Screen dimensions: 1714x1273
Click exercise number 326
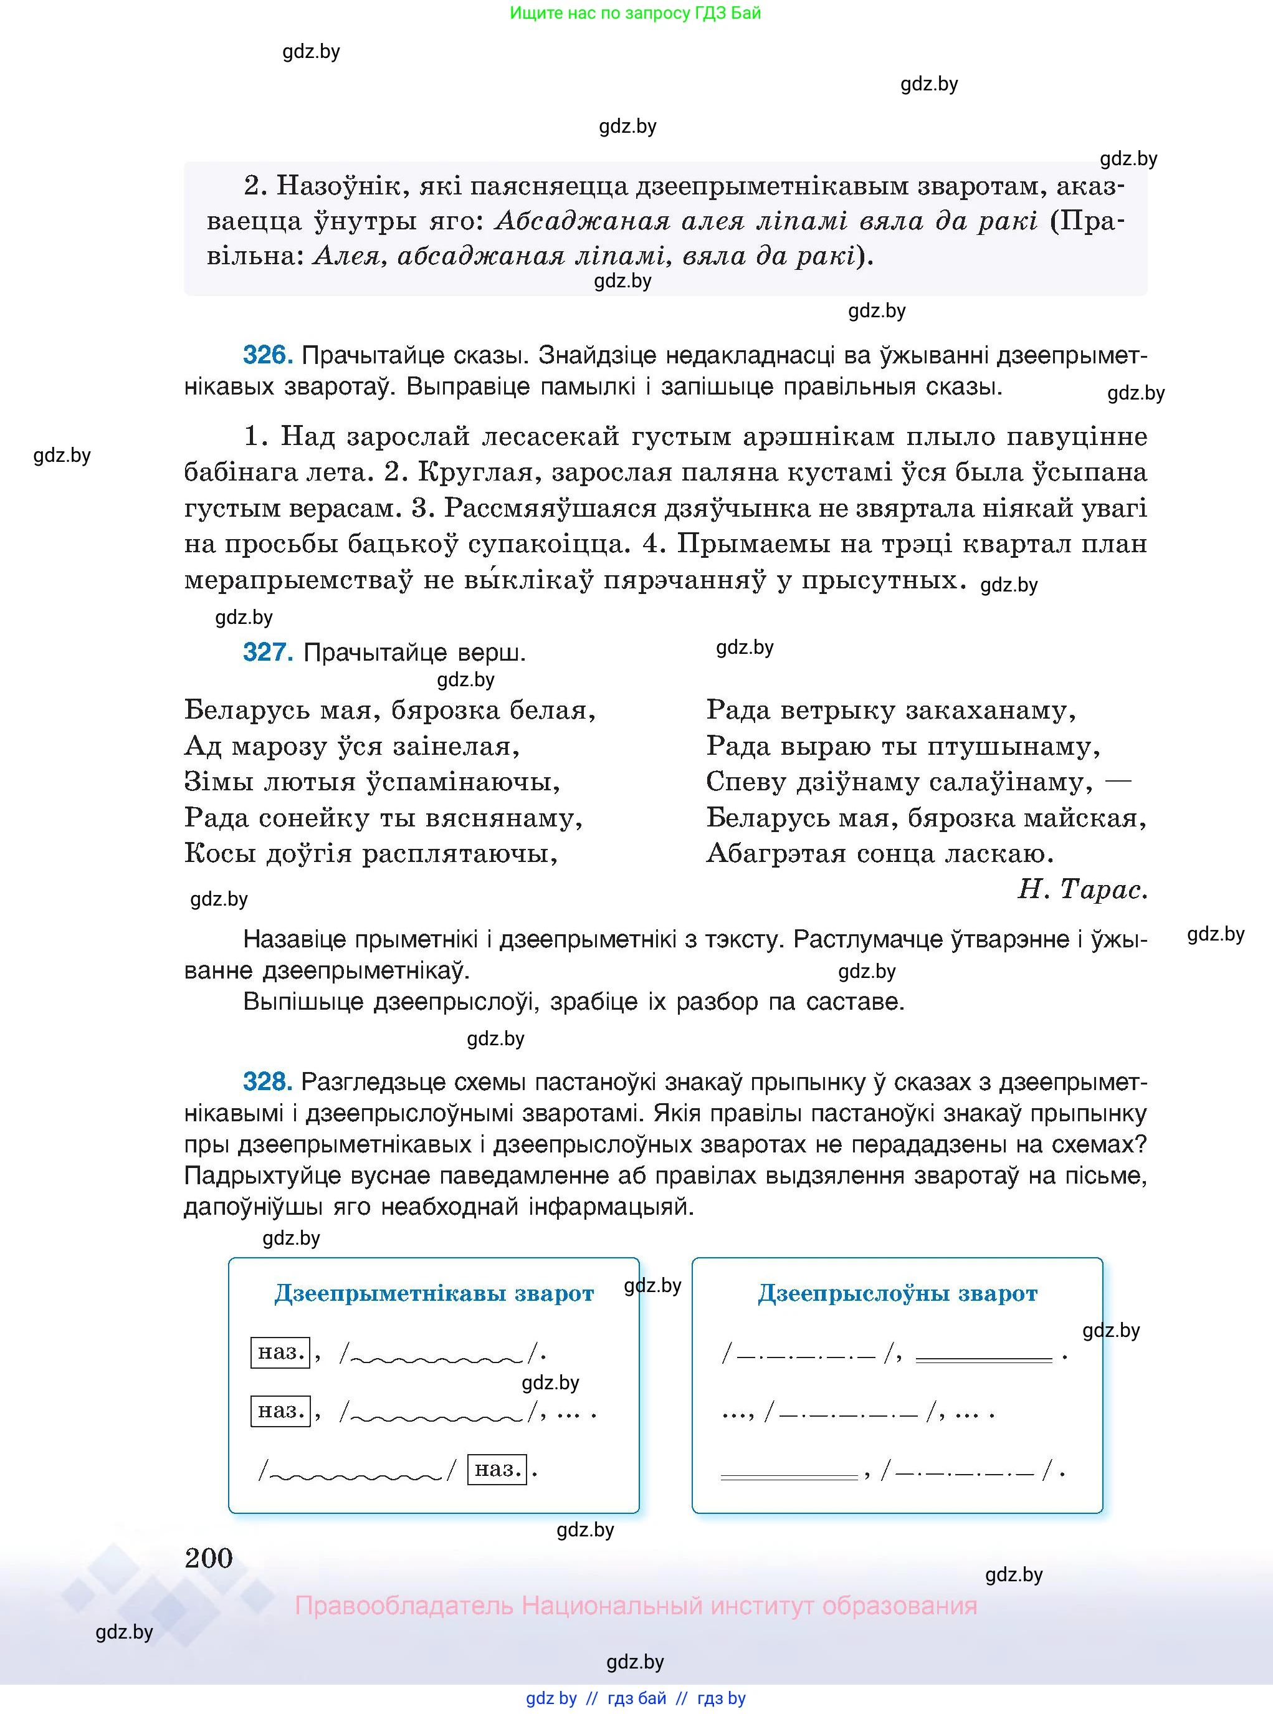pos(267,355)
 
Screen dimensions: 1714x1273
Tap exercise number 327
pos(267,653)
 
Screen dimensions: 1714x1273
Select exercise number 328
pos(267,1082)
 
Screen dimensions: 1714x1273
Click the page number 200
pos(208,1558)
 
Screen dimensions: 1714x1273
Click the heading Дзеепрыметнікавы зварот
pos(434,1293)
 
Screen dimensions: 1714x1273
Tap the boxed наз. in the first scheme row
pos(280,1352)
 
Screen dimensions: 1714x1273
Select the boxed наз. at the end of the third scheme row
pos(497,1469)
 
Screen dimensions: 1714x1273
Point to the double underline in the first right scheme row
pos(983,1359)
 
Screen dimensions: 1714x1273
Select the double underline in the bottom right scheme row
pos(788,1477)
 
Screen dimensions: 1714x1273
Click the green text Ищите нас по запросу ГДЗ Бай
pos(635,13)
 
